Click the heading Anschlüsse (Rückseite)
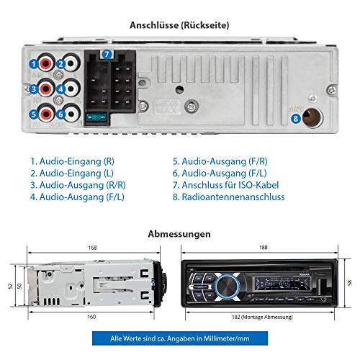pyautogui.click(x=179, y=24)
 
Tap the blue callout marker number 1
pyautogui.click(x=33, y=64)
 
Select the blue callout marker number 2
pyautogui.click(x=61, y=64)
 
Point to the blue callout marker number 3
pyautogui.click(x=33, y=89)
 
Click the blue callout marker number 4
pyautogui.click(x=61, y=89)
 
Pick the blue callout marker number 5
pyautogui.click(x=33, y=114)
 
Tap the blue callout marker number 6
pyautogui.click(x=61, y=114)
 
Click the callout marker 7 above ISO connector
pyautogui.click(x=107, y=55)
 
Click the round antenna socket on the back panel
pyautogui.click(x=314, y=115)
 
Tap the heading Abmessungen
pyautogui.click(x=179, y=234)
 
